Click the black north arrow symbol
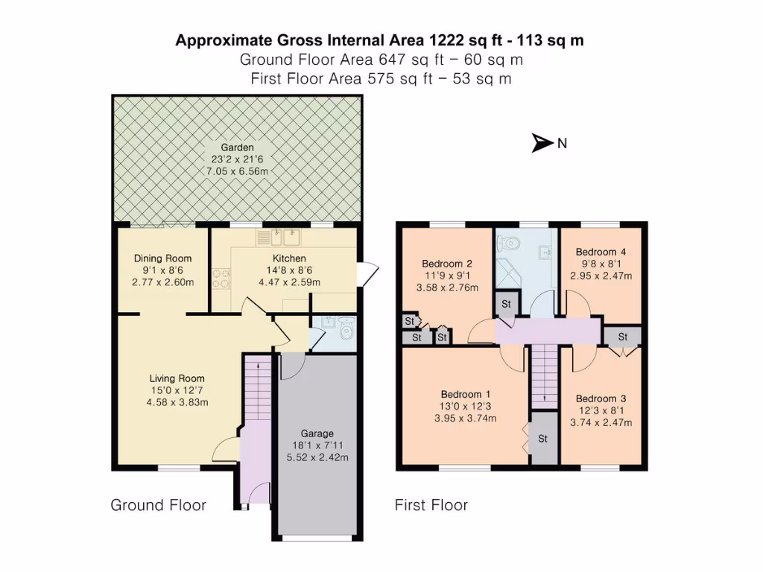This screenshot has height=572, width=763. (542, 143)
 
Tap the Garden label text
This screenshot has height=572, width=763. (237, 147)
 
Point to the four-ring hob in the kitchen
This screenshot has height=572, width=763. (221, 277)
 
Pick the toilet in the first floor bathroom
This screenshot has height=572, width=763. (511, 243)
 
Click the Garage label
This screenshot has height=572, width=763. (317, 433)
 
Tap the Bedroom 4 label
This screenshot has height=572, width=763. (596, 252)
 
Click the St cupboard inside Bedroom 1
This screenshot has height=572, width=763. (542, 439)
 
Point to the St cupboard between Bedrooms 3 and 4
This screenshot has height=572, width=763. (623, 337)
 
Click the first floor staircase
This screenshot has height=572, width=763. (544, 377)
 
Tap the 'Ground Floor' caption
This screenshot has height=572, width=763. (158, 505)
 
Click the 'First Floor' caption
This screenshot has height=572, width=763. (431, 505)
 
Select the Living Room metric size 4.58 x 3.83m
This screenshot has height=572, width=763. (177, 402)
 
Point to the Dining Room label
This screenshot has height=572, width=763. (162, 258)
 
